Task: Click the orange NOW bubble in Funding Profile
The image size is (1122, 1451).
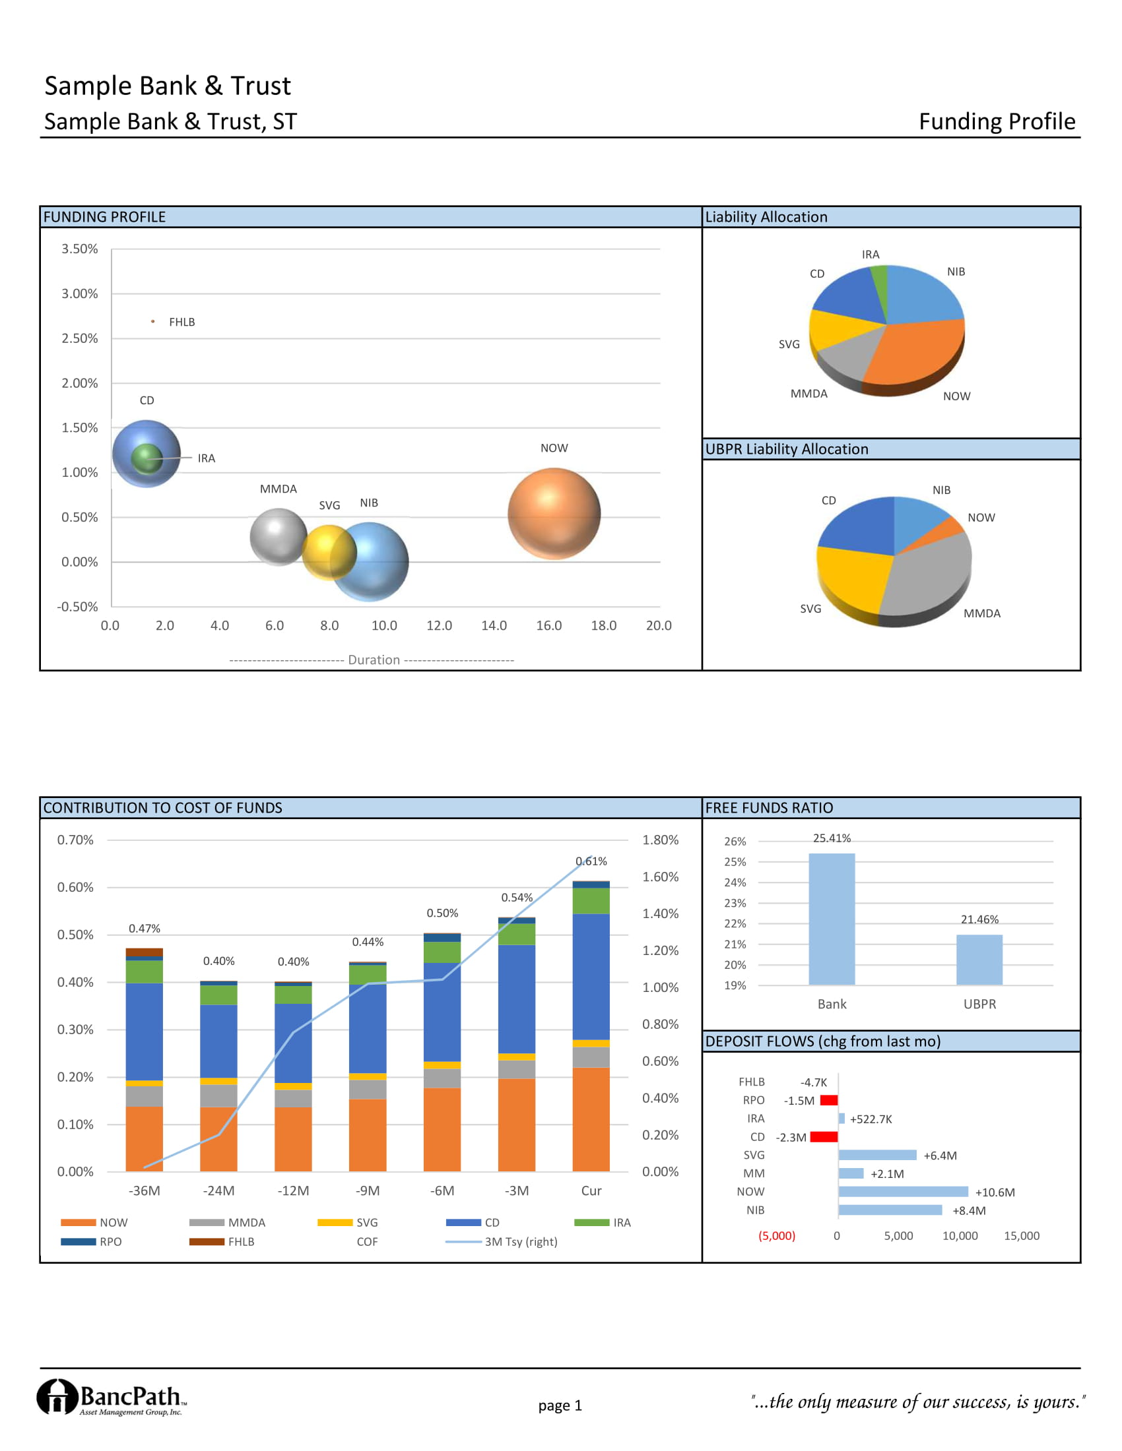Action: [x=554, y=514]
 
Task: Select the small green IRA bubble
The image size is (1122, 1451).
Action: [x=147, y=458]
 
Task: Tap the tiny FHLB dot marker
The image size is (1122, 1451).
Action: [x=153, y=322]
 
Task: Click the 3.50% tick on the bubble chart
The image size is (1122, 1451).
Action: [x=80, y=249]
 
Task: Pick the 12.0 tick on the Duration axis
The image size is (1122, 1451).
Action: [x=439, y=626]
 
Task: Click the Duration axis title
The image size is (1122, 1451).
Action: [x=374, y=660]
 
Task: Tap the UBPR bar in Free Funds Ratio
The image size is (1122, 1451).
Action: [x=979, y=960]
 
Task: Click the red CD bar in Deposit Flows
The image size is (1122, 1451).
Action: [x=824, y=1137]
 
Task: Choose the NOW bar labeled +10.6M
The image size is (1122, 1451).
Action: [x=903, y=1192]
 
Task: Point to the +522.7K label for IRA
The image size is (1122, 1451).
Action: [x=871, y=1119]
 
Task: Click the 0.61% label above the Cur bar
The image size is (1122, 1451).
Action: [x=591, y=861]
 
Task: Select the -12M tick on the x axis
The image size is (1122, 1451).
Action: [x=293, y=1190]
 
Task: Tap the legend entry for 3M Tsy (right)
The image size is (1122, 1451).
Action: [x=521, y=1242]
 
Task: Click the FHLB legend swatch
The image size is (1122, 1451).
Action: [x=207, y=1242]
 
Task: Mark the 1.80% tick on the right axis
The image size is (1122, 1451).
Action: [x=660, y=840]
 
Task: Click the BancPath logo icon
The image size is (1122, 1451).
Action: [x=57, y=1396]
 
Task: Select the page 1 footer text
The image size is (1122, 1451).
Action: [x=560, y=1405]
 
